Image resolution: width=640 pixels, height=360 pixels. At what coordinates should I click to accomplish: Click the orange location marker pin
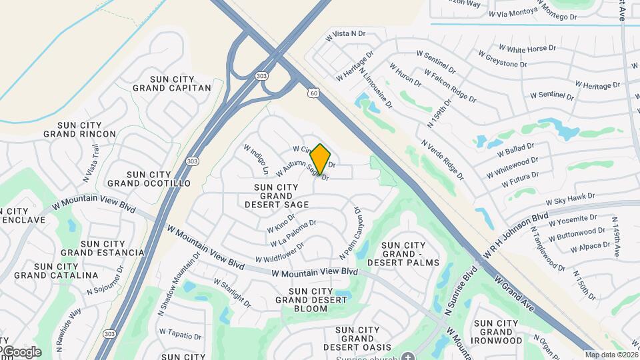[x=321, y=159]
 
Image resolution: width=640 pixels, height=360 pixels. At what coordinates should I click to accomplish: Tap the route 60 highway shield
[x=313, y=93]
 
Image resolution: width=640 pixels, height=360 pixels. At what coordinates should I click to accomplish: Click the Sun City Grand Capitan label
[x=172, y=83]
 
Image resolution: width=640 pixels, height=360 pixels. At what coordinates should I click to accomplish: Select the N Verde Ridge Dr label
[x=442, y=161]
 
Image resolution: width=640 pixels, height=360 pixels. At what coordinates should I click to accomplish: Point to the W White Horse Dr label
[x=527, y=49]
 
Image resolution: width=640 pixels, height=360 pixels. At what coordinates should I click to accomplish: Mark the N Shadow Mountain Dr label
[x=179, y=284]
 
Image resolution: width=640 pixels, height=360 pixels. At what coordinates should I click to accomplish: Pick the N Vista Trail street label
[x=92, y=163]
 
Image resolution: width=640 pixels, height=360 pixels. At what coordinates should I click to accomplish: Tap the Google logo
[x=21, y=352]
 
